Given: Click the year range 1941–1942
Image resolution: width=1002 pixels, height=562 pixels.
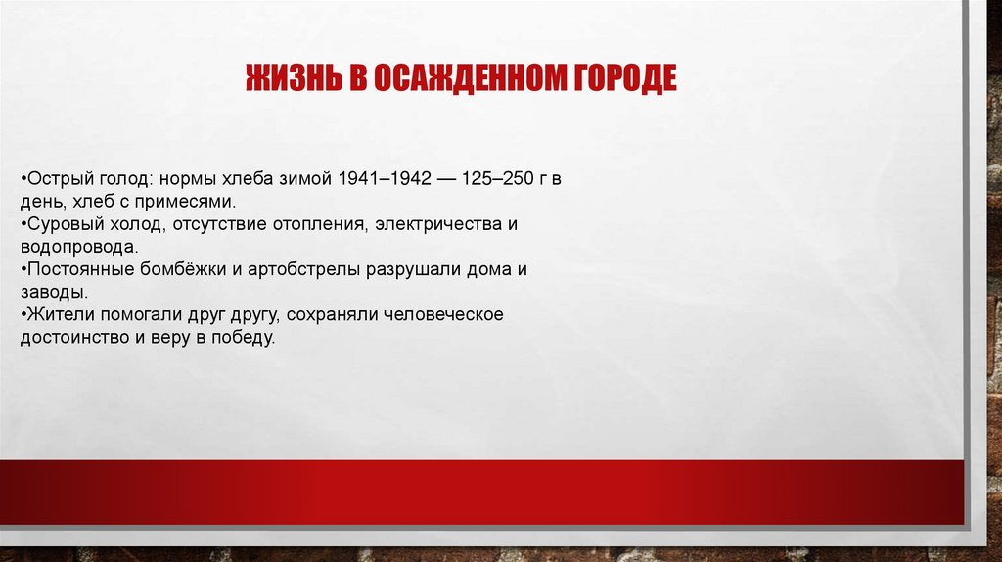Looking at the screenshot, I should point(386,181).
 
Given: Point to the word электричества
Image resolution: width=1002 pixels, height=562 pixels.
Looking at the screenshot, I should point(433,225).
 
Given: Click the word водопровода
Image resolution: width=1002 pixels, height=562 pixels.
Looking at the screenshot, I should point(78,247).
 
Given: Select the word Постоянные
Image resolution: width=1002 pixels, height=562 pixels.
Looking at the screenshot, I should point(77,269).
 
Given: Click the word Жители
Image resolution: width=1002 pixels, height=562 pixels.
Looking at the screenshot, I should point(58,313).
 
